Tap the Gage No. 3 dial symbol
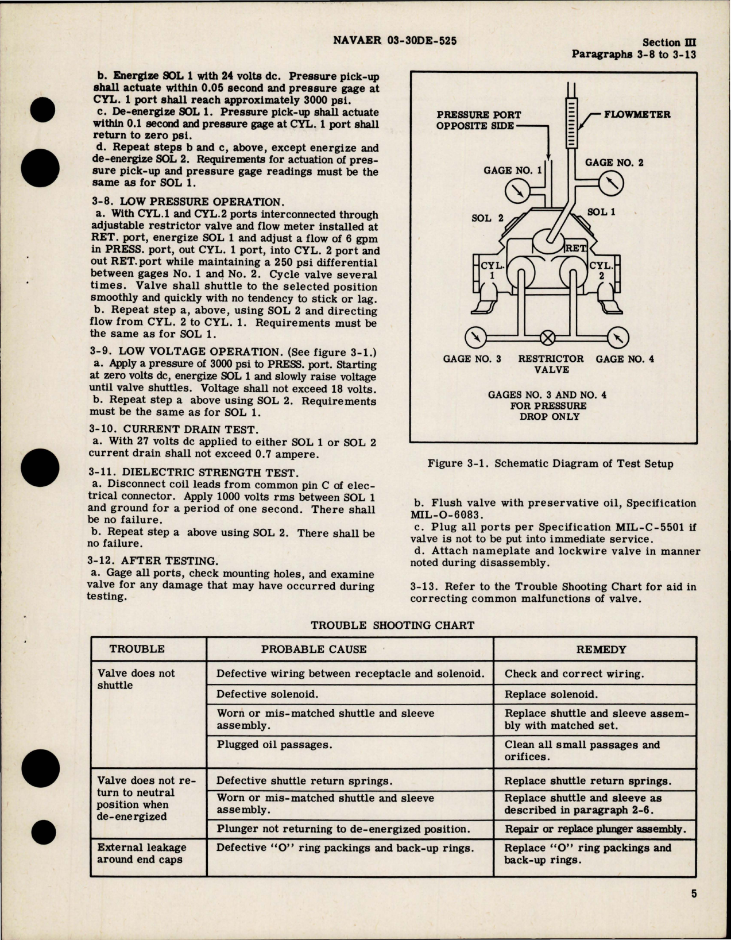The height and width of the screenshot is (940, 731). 474,338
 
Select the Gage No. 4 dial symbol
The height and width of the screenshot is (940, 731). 617,338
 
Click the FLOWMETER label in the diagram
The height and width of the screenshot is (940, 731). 636,114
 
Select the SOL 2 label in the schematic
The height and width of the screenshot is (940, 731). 487,218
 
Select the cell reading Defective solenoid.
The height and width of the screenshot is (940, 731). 267,694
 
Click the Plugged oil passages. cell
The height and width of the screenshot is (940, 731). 274,745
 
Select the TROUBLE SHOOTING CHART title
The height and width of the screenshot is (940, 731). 393,625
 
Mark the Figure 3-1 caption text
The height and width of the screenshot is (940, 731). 550,463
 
